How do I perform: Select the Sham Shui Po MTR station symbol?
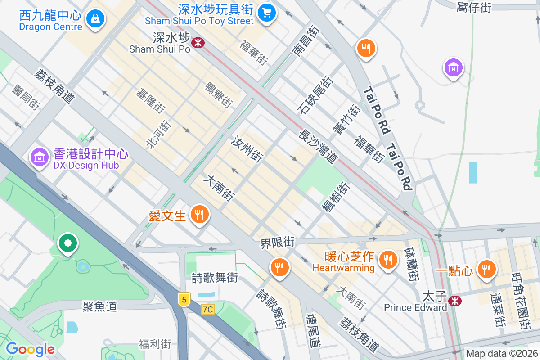(x=198, y=43)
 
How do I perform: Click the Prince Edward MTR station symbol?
(x=455, y=301)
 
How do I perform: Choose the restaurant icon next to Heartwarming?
(x=387, y=259)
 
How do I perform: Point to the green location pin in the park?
(x=68, y=244)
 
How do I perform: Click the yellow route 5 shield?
(x=183, y=299)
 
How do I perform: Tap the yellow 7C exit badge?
(x=208, y=310)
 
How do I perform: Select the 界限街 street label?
(x=277, y=243)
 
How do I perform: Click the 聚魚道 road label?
(x=99, y=306)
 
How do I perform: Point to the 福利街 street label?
(x=155, y=345)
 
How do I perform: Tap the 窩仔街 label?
(x=473, y=7)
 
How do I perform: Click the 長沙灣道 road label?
(x=318, y=147)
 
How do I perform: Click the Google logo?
(x=30, y=349)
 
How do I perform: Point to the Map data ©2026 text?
(x=501, y=354)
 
